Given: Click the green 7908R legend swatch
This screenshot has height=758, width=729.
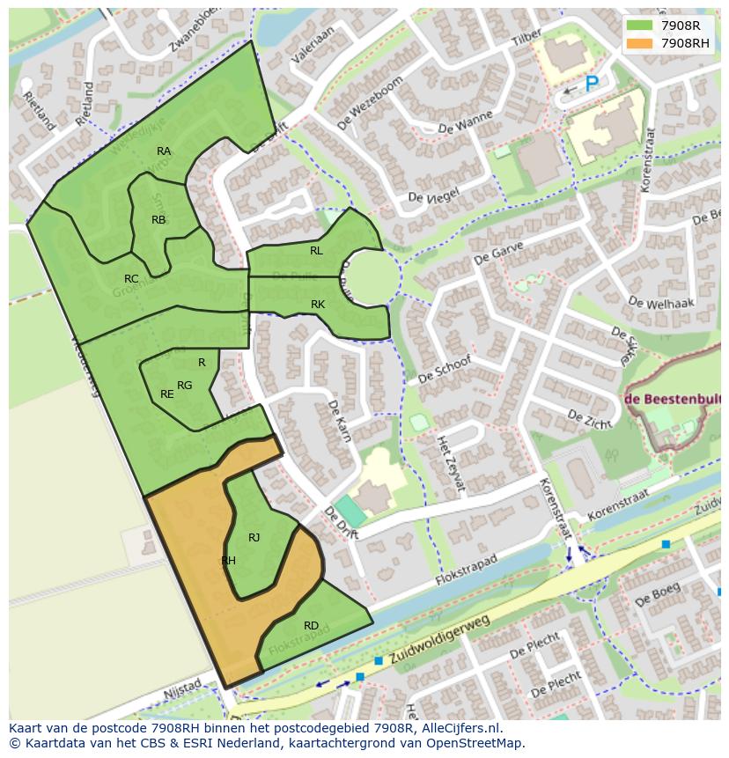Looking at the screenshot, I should (640, 26).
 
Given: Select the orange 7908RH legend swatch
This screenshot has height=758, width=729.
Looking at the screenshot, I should (640, 43).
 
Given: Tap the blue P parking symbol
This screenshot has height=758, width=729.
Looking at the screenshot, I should (592, 85).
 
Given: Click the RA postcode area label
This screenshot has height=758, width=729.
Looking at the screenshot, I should (164, 151).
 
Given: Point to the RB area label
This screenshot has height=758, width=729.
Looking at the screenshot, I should (158, 220).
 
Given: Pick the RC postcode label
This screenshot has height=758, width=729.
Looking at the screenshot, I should (131, 279).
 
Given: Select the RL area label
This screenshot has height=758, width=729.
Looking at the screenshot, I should (316, 251).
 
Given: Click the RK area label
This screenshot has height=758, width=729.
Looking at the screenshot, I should (318, 305).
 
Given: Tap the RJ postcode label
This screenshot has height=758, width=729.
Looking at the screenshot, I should (254, 538).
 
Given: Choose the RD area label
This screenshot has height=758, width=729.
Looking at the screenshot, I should (311, 626).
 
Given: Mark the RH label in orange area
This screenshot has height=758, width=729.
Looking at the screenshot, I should (228, 561).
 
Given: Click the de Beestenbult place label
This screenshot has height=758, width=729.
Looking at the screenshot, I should (674, 398).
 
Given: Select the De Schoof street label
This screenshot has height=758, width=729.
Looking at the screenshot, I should (445, 370).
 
